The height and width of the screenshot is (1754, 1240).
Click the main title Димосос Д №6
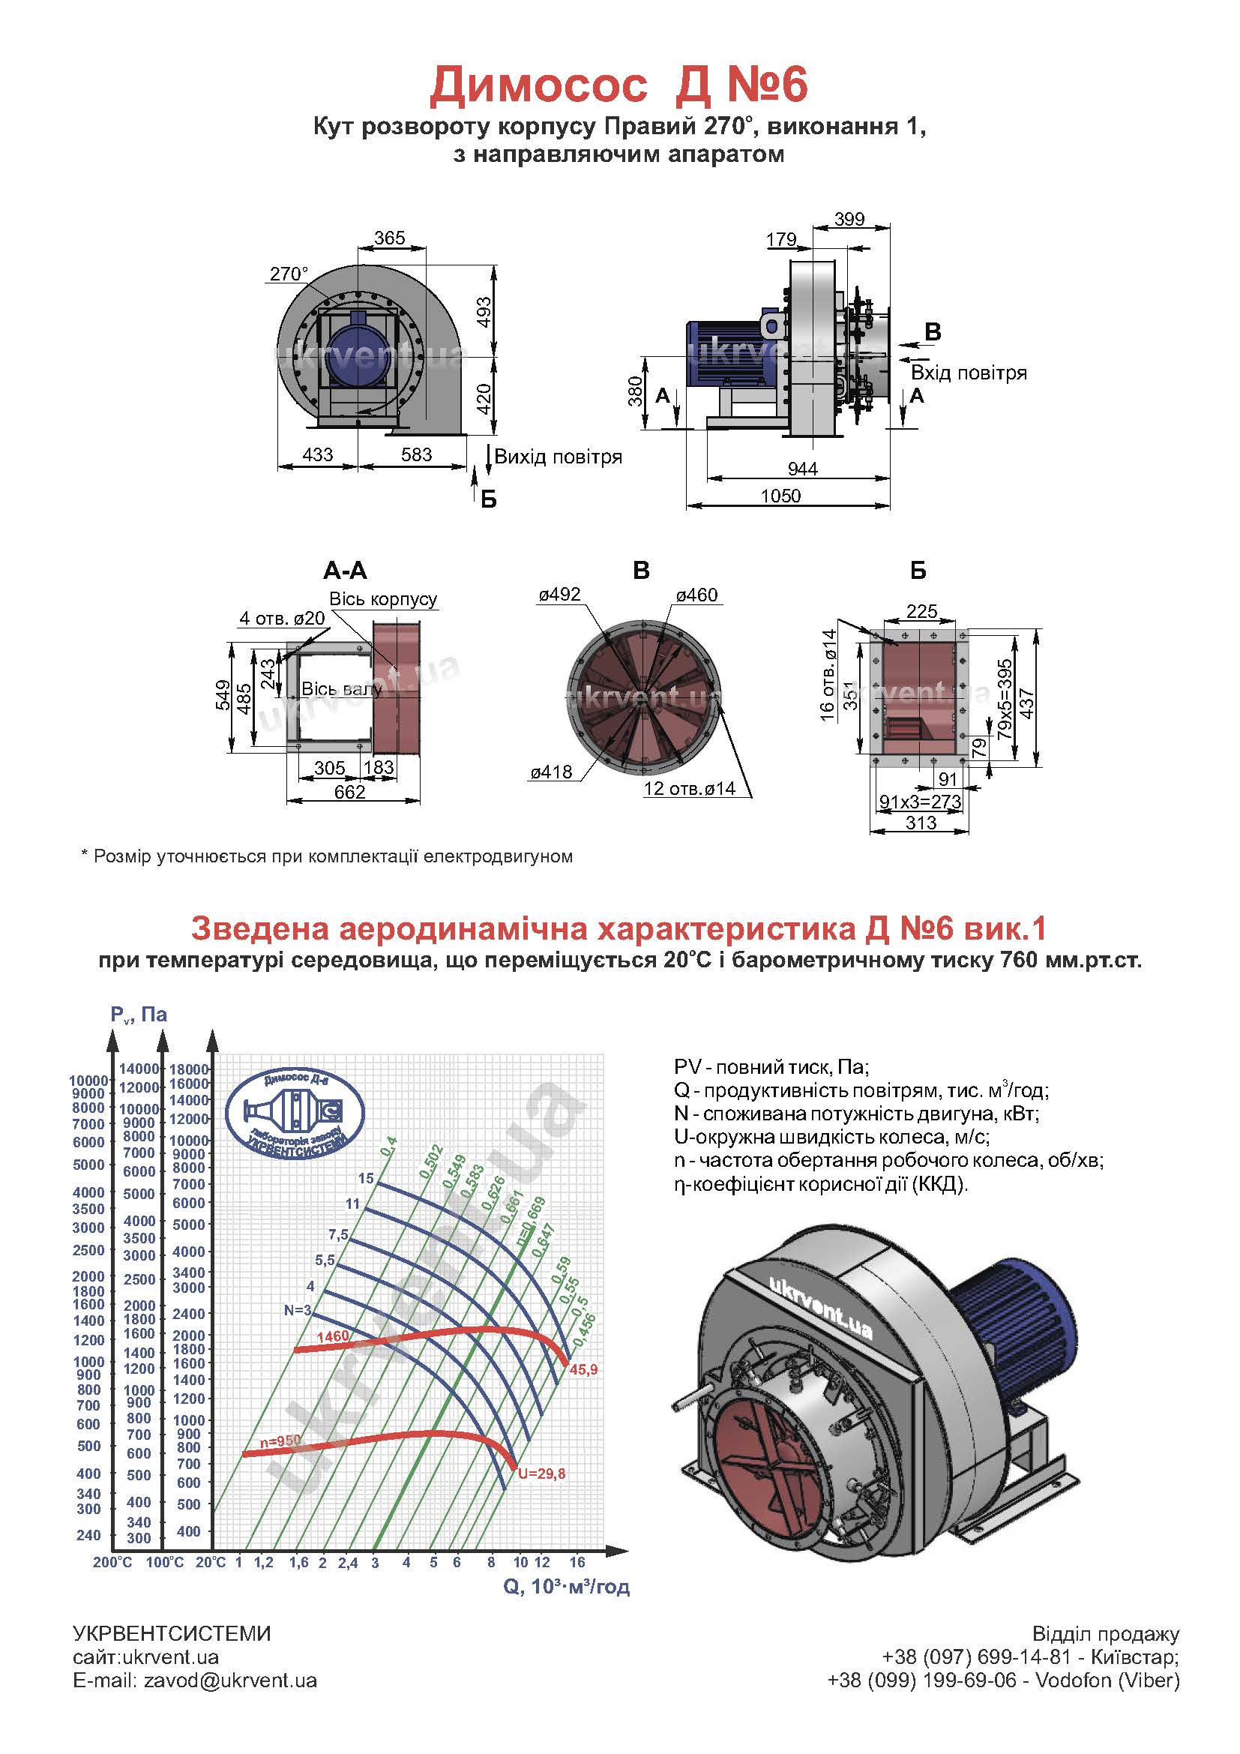(x=619, y=85)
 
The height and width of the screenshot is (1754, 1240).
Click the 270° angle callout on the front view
(x=289, y=274)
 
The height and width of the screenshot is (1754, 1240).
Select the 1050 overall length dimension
(x=780, y=496)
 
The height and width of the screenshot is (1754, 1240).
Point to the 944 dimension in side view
(x=801, y=468)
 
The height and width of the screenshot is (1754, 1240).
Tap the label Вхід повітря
(x=968, y=373)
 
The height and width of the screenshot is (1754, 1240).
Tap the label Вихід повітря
(x=559, y=457)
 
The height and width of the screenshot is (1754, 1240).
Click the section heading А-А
(x=345, y=570)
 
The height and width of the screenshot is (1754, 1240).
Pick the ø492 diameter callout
(x=559, y=595)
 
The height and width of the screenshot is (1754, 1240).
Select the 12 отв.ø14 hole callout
(x=689, y=788)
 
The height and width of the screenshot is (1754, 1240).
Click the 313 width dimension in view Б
(x=920, y=823)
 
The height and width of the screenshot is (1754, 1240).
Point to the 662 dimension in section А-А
(x=349, y=792)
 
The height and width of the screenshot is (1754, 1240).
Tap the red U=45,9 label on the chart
(x=583, y=1370)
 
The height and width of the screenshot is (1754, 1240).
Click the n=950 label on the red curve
(x=280, y=1440)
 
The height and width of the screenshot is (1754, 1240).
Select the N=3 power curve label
(x=298, y=1310)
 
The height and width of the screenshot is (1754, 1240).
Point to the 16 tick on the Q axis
(x=577, y=1562)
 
